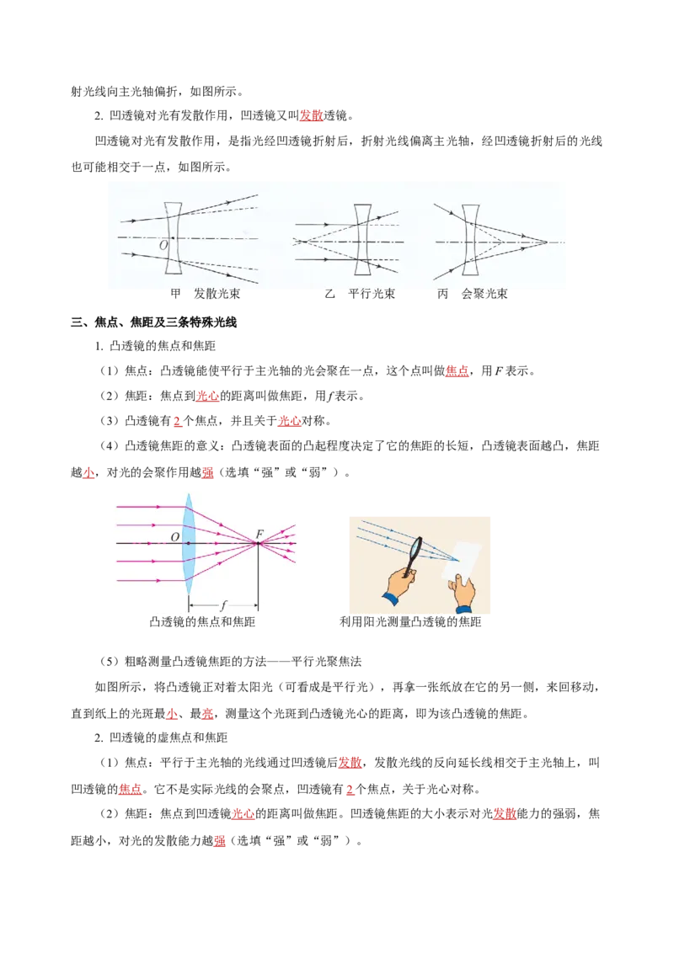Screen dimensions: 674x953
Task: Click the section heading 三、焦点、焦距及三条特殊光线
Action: (x=153, y=322)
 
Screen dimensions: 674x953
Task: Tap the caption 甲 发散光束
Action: (x=205, y=294)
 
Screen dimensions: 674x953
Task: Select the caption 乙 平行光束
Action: (x=360, y=294)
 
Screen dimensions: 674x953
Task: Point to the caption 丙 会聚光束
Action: (x=472, y=294)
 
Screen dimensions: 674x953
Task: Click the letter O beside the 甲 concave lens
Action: (x=163, y=246)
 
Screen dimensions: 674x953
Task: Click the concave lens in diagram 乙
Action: (x=363, y=240)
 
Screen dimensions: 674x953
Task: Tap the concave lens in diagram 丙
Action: (x=470, y=240)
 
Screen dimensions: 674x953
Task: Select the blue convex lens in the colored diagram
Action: (x=189, y=543)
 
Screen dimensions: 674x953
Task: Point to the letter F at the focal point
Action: (x=259, y=534)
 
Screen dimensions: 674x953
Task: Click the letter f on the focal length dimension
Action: (x=223, y=605)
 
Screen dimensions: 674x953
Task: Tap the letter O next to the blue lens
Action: (x=175, y=536)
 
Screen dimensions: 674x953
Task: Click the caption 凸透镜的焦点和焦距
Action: (x=202, y=622)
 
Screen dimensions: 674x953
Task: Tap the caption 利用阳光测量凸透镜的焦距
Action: (x=410, y=622)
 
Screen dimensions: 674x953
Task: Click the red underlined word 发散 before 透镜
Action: (x=312, y=115)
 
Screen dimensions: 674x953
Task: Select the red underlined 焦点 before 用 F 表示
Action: (x=457, y=370)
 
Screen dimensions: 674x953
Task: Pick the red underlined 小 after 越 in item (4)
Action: (x=88, y=472)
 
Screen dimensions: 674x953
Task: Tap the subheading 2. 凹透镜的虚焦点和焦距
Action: (x=161, y=737)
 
